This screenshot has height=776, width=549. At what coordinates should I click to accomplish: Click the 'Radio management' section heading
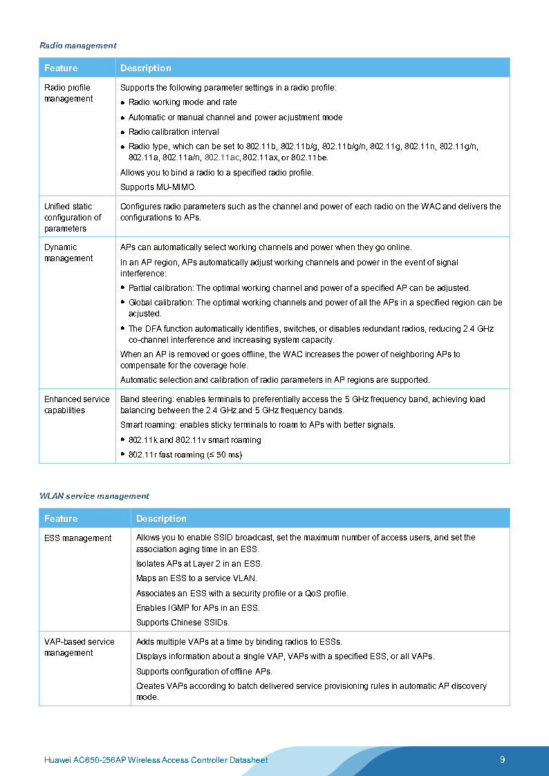pyautogui.click(x=78, y=46)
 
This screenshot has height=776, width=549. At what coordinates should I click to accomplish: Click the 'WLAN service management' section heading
pyautogui.click(x=94, y=496)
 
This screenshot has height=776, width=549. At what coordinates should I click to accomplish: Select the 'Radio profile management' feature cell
pyautogui.click(x=68, y=93)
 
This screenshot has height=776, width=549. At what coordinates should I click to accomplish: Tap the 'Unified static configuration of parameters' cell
pyautogui.click(x=73, y=217)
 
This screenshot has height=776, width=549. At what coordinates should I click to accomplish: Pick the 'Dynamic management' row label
pyautogui.click(x=68, y=253)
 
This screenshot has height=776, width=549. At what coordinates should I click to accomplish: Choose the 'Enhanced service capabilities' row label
pyautogui.click(x=77, y=405)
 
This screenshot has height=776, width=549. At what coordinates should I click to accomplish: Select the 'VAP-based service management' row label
pyautogui.click(x=80, y=647)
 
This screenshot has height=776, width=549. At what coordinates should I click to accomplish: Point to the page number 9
pyautogui.click(x=503, y=759)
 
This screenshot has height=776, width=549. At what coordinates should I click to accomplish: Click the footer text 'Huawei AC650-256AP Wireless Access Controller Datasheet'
pyautogui.click(x=156, y=760)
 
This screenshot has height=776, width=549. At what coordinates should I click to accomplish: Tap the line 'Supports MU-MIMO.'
pyautogui.click(x=158, y=187)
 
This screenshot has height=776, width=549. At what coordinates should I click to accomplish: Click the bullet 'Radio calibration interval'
pyautogui.click(x=174, y=132)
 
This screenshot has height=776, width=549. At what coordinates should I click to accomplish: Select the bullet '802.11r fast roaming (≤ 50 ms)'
pyautogui.click(x=185, y=455)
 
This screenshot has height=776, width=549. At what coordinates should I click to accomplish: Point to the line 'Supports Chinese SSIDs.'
pyautogui.click(x=183, y=623)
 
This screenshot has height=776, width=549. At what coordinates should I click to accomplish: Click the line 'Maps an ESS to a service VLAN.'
pyautogui.click(x=196, y=578)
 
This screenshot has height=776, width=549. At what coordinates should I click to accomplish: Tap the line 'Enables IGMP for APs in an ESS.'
pyautogui.click(x=198, y=608)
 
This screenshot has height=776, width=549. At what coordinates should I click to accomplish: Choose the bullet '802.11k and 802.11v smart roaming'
pyautogui.click(x=194, y=440)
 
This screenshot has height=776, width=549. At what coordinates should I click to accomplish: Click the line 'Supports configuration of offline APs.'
pyautogui.click(x=204, y=672)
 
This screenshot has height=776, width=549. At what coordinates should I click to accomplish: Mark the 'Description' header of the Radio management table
pyautogui.click(x=146, y=68)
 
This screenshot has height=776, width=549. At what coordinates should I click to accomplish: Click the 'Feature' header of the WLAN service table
pyautogui.click(x=61, y=518)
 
